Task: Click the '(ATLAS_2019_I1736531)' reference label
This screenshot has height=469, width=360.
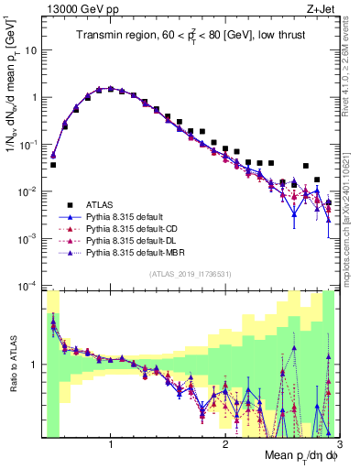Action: click(191, 273)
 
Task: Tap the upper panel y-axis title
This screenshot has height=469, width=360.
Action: click(12, 92)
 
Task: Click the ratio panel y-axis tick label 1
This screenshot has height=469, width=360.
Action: click(35, 365)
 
